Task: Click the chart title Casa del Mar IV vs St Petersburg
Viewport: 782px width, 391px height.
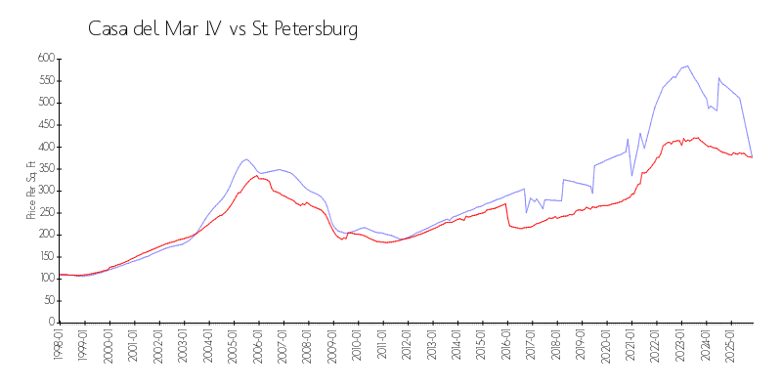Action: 223,29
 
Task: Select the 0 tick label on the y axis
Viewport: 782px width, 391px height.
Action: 50,323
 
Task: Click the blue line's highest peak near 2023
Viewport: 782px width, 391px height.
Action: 688,66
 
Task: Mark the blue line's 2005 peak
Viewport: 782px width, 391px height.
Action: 246,158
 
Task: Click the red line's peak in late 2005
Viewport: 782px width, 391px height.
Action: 257,176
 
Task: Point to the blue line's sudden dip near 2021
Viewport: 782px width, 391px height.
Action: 631,175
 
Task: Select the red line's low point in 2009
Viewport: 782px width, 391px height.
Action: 342,239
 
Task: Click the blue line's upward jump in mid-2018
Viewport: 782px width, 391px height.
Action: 562,190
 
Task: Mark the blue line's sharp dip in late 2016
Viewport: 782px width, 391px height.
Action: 526,212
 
